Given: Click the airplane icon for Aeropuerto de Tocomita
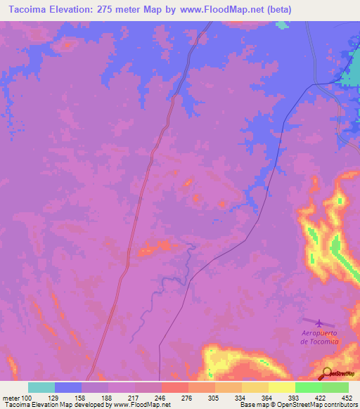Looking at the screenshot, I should [321, 323].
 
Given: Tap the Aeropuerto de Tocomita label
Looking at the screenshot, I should [319, 337].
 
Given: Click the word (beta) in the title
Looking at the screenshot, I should [276, 10].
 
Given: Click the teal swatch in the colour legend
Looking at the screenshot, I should [41, 387].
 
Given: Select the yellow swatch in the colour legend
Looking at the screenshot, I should [255, 387].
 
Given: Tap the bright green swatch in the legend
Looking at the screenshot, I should [308, 387].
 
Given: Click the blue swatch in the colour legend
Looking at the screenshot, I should [68, 387].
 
